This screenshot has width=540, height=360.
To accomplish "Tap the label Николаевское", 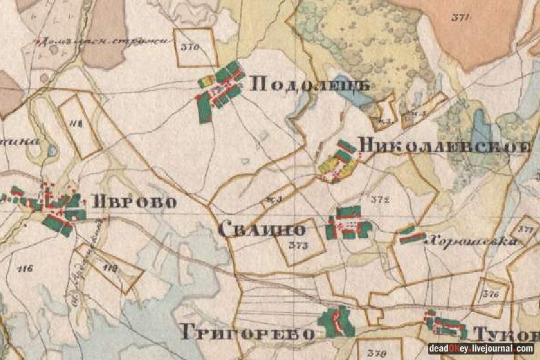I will coord(444,146).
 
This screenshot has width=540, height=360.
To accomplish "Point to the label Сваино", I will coord(262,229).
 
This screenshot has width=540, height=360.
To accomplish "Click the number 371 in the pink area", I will coord(460,17).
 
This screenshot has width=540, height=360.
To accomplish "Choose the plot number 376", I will coord(491,294).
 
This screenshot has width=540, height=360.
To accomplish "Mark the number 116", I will coord(25,268).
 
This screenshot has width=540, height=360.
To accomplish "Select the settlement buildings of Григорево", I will coord(337,322).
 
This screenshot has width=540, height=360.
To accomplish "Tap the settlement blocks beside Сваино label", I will coord(349,223).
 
